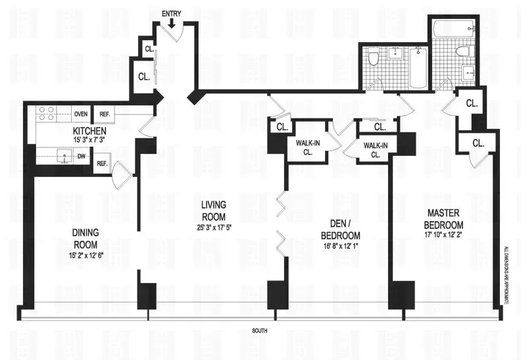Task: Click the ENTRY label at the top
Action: click(172, 13)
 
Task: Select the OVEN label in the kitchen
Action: click(81, 113)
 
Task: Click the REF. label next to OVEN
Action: click(104, 113)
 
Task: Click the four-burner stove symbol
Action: click(45, 113)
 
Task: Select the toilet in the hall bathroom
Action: click(374, 60)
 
